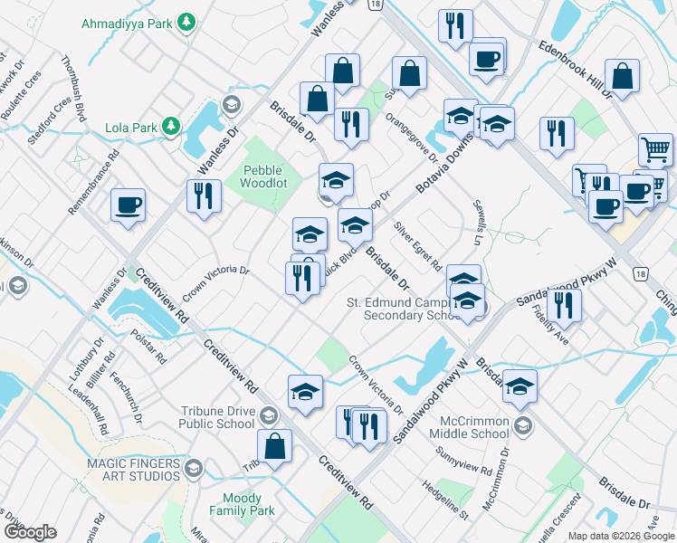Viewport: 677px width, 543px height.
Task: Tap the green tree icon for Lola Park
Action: tap(169, 128)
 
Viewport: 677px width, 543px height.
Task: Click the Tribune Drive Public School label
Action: tap(206, 416)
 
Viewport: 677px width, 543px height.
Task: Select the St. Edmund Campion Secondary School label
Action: tap(405, 309)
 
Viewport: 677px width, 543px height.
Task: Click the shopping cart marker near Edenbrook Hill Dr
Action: tap(655, 148)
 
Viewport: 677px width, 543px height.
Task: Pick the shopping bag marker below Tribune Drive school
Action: tap(274, 445)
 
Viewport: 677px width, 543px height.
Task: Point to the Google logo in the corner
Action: tap(30, 531)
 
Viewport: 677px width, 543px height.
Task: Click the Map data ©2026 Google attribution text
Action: tap(621, 536)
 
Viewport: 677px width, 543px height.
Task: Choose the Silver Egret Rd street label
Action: tap(417, 246)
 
